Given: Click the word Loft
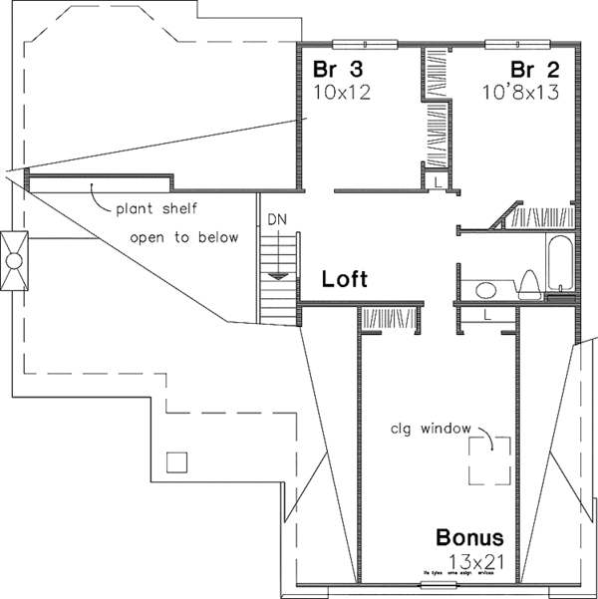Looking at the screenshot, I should (x=345, y=280).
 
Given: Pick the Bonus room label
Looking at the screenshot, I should (x=469, y=538).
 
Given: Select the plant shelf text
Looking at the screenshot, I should (x=154, y=209).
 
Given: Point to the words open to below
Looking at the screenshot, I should (x=184, y=237).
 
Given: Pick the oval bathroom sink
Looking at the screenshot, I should (x=486, y=290).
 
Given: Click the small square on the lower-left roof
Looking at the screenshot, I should (x=176, y=461).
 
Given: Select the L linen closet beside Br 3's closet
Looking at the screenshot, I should (x=438, y=180).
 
